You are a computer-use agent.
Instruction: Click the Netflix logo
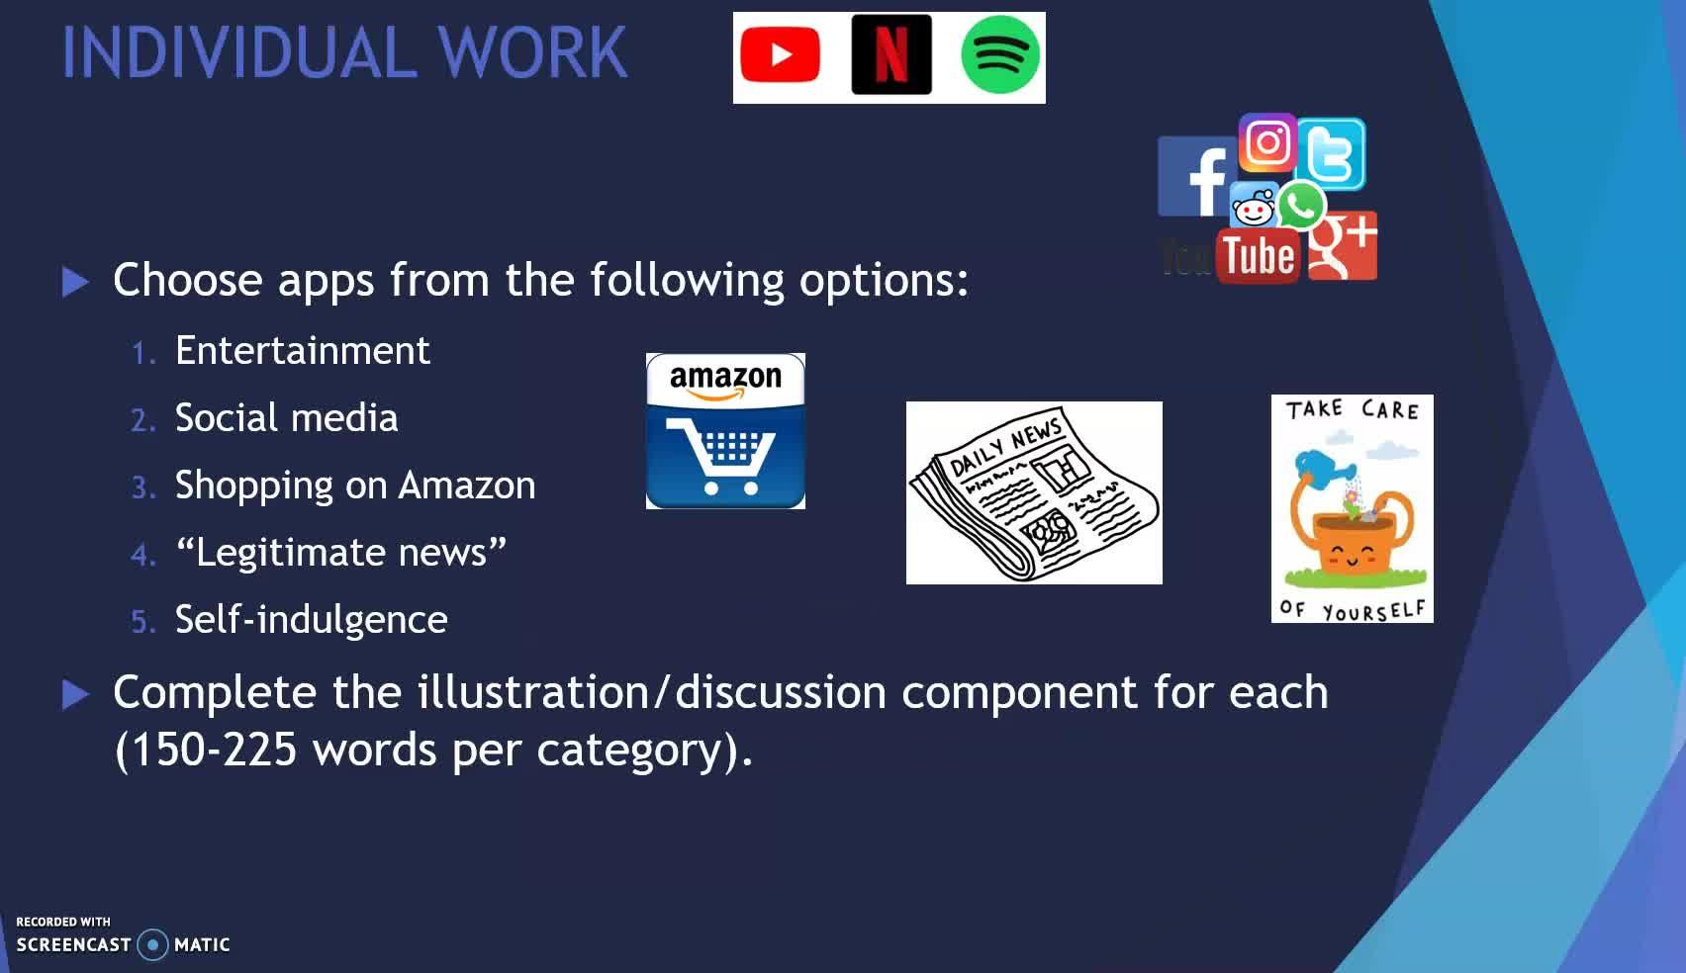(891, 55)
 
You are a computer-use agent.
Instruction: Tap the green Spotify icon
(1000, 55)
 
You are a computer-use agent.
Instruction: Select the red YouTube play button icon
(780, 55)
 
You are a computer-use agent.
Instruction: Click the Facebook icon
(1197, 177)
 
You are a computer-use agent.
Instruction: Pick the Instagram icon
(1267, 142)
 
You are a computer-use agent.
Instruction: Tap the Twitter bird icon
(1332, 154)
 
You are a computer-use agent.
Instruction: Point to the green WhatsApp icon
(1301, 205)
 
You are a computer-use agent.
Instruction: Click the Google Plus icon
(1343, 246)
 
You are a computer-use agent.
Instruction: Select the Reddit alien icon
(1254, 206)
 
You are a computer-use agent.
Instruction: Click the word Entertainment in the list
(303, 350)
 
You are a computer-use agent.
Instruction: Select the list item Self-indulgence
(312, 620)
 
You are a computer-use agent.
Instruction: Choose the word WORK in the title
(532, 51)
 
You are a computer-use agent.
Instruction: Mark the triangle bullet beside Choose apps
(75, 282)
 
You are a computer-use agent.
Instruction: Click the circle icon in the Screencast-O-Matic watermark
(152, 944)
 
